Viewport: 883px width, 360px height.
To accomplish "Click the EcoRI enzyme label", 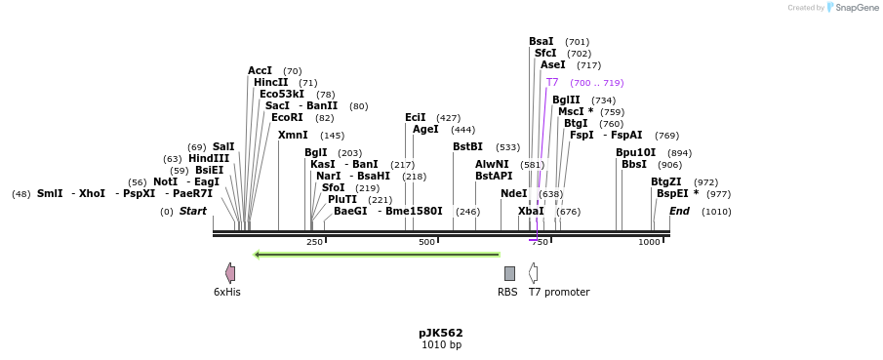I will pyautogui.click(x=288, y=118).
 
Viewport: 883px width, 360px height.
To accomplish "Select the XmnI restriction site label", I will pyautogui.click(x=293, y=136).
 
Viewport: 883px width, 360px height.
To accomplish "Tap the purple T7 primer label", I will pyautogui.click(x=552, y=83).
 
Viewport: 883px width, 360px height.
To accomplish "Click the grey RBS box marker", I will pyautogui.click(x=509, y=273).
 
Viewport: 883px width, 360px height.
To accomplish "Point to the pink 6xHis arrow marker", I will pyautogui.click(x=230, y=273).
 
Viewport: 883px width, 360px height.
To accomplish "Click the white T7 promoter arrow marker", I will pyautogui.click(x=533, y=273).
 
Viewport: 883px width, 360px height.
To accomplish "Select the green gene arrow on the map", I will pyautogui.click(x=377, y=255).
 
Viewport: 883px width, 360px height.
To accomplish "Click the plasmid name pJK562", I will pyautogui.click(x=441, y=333).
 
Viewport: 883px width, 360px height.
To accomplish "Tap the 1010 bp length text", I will pyautogui.click(x=441, y=345).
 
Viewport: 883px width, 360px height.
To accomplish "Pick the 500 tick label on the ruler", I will pyautogui.click(x=426, y=242).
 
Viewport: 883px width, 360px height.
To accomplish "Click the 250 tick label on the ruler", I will pyautogui.click(x=314, y=242).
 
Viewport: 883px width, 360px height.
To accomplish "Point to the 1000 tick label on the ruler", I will pyautogui.click(x=649, y=242).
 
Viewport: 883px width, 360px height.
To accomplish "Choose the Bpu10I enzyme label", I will pyautogui.click(x=635, y=152).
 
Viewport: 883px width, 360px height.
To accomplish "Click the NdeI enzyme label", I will pyautogui.click(x=513, y=194).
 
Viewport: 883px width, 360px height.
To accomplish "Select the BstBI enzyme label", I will pyautogui.click(x=467, y=147).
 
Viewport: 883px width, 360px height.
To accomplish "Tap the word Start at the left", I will pyautogui.click(x=193, y=211).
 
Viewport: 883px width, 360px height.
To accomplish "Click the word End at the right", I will pyautogui.click(x=679, y=211).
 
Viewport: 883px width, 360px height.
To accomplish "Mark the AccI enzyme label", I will pyautogui.click(x=260, y=71).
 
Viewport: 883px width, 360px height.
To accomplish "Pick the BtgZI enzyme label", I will pyautogui.click(x=666, y=181).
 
